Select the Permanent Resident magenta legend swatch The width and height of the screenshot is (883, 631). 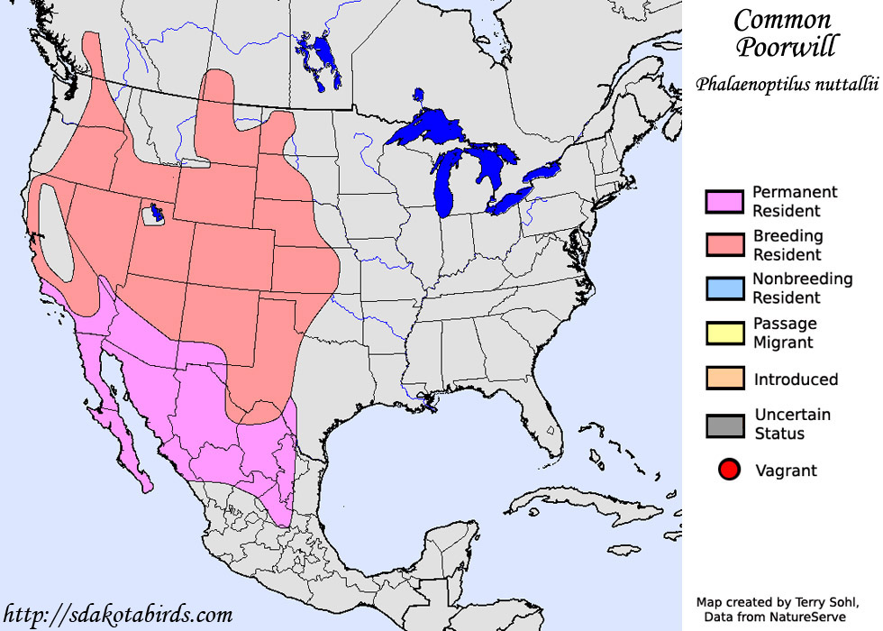click(724, 202)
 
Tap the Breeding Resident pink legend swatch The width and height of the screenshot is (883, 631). click(724, 245)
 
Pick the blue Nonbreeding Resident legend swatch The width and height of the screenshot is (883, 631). click(724, 288)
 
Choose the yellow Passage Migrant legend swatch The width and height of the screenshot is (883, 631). click(724, 333)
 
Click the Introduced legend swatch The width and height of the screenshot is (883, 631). click(724, 379)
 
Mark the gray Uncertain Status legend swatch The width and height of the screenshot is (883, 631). click(724, 425)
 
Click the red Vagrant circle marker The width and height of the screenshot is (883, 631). click(730, 470)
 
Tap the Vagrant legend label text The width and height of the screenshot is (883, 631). click(786, 471)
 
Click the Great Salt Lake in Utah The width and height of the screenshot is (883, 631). click(158, 214)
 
